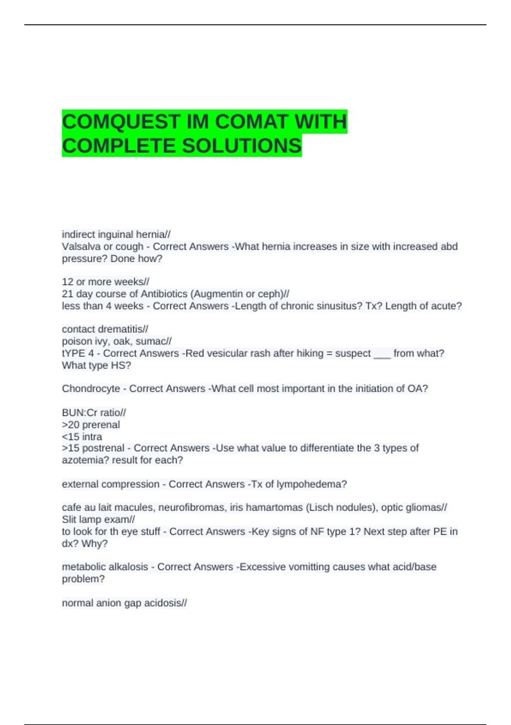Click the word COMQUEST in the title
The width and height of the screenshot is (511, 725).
[x=121, y=122]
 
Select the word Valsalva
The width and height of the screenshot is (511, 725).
[x=81, y=246]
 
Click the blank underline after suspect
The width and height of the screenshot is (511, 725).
[x=382, y=354]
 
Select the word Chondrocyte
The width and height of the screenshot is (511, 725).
[x=91, y=389]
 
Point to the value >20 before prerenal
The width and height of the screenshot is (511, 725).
[x=71, y=425]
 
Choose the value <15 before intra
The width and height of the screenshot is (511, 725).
[x=71, y=437]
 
